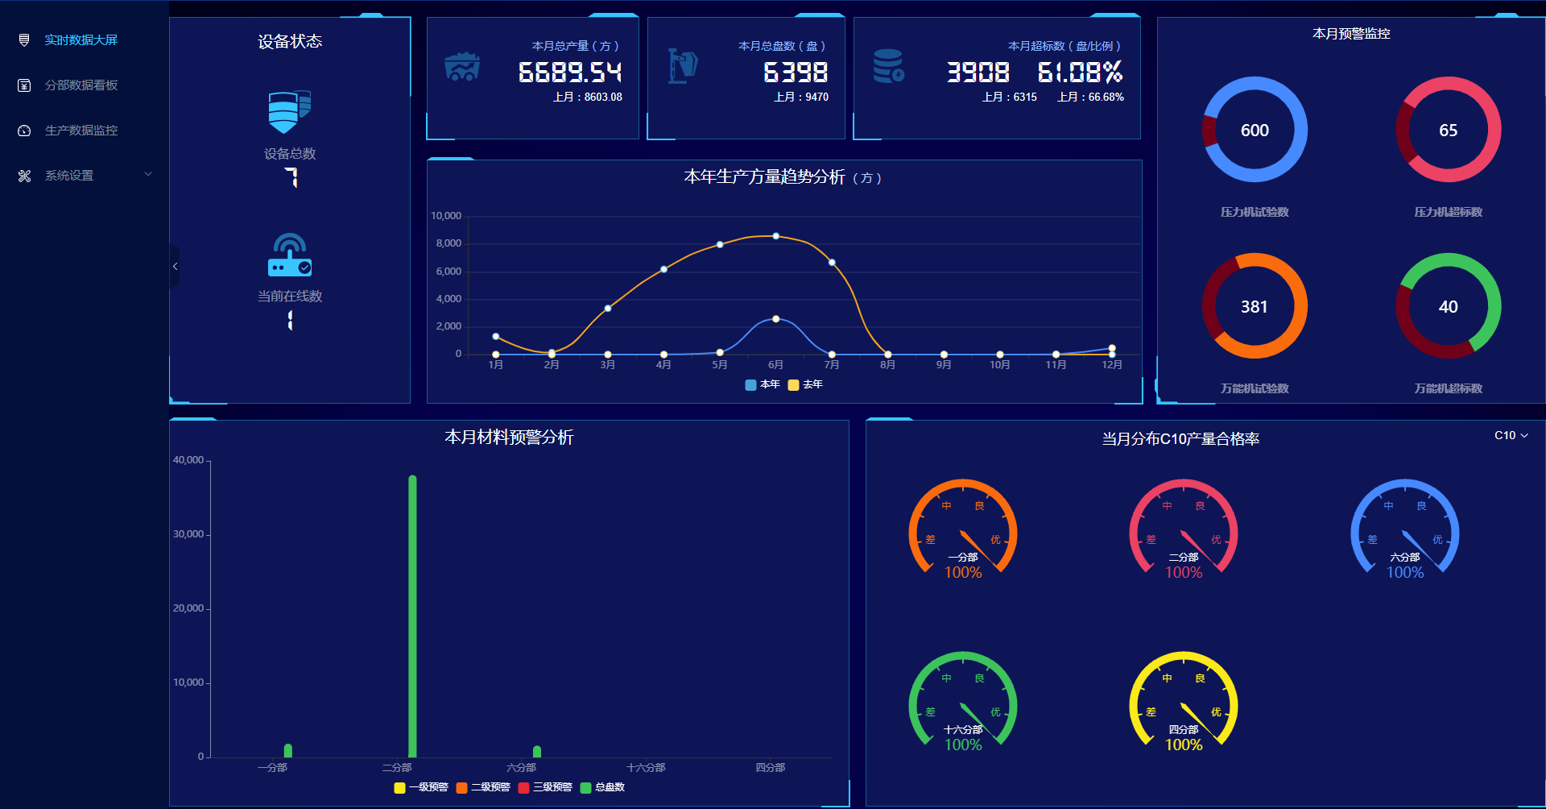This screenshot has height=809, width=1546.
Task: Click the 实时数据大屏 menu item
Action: [81, 40]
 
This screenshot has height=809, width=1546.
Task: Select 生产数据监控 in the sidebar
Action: [81, 131]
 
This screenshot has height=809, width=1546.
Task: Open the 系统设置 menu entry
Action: [69, 176]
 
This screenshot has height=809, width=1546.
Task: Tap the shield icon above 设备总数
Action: [289, 112]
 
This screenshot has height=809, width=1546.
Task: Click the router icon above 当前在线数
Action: [289, 255]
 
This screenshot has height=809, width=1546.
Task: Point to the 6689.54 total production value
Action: [570, 73]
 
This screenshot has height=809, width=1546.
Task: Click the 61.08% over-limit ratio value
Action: [1080, 73]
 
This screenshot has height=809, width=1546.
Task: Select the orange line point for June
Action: [775, 236]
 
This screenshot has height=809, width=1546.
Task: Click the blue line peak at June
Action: [775, 319]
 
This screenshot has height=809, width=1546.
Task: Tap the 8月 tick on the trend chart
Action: [887, 365]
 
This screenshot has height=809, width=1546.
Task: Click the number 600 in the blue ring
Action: [1255, 131]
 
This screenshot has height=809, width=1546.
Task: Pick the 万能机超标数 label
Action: [1448, 388]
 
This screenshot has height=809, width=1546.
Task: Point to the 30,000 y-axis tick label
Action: [188, 534]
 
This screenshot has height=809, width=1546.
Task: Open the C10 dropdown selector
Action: [1511, 435]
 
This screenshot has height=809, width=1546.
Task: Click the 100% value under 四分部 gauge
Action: [1184, 745]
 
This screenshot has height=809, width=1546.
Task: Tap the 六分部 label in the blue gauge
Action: [1404, 558]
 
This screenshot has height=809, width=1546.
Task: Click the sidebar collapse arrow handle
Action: [175, 267]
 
